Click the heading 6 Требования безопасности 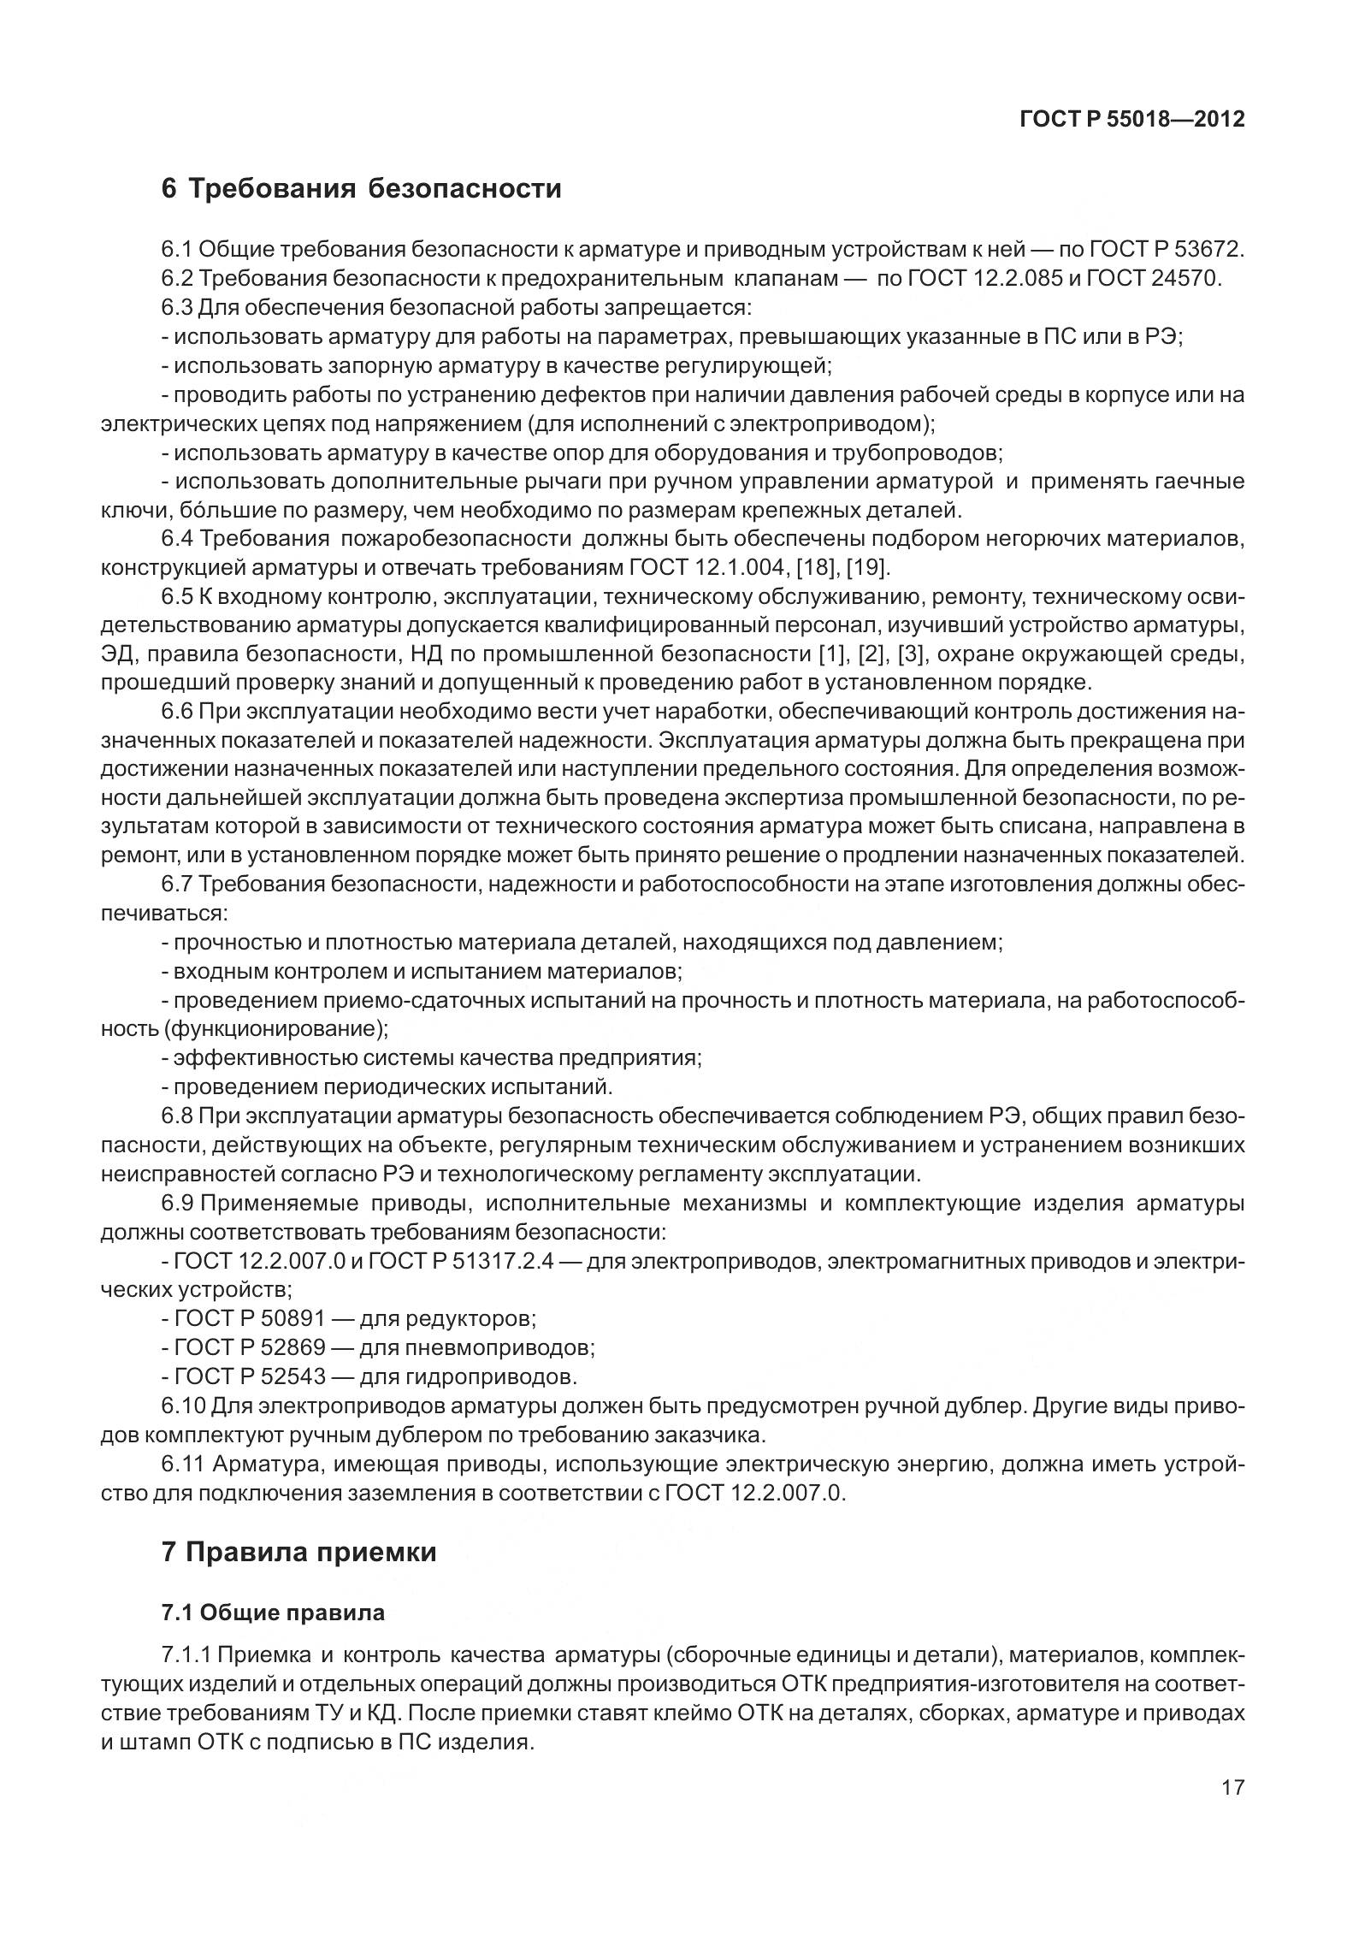361,187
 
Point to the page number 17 1232,1835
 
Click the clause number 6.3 177,307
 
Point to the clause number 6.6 177,712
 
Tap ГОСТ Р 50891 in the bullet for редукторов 250,1318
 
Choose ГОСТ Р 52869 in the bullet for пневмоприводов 250,1347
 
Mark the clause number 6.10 183,1406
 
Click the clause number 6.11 183,1464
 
